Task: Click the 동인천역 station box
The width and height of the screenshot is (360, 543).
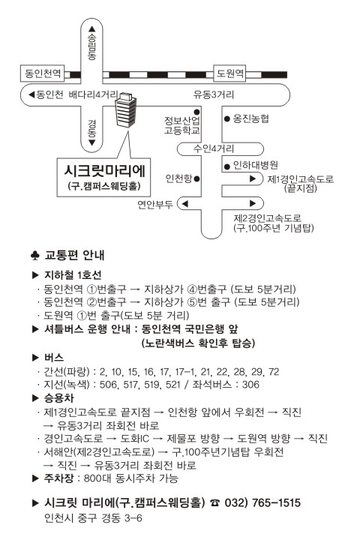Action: tap(42, 73)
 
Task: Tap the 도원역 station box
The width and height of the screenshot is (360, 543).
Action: tap(229, 73)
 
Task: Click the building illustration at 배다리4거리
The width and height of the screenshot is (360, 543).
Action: tap(125, 111)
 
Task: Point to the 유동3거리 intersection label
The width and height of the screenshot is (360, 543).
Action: tap(214, 94)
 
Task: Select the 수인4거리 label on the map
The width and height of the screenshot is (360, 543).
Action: tap(214, 148)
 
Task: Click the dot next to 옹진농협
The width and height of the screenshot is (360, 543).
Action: tap(227, 118)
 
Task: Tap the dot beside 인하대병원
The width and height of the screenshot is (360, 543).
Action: tap(227, 166)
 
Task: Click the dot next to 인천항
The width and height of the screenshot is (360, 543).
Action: tap(196, 178)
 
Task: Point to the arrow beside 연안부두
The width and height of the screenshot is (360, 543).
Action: tap(184, 204)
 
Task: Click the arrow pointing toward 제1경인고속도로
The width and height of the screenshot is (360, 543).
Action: tap(253, 178)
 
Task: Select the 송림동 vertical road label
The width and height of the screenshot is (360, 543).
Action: tap(91, 47)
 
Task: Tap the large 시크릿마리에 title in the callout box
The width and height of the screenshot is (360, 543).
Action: tap(104, 171)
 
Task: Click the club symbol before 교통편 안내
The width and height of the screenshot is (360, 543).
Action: tap(35, 256)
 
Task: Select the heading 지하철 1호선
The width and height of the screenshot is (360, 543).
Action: tap(73, 275)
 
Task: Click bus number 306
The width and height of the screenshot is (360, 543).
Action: tap(250, 385)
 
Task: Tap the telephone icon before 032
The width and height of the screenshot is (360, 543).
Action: tap(215, 502)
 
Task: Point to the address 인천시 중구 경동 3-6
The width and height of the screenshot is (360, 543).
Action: tap(93, 517)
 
